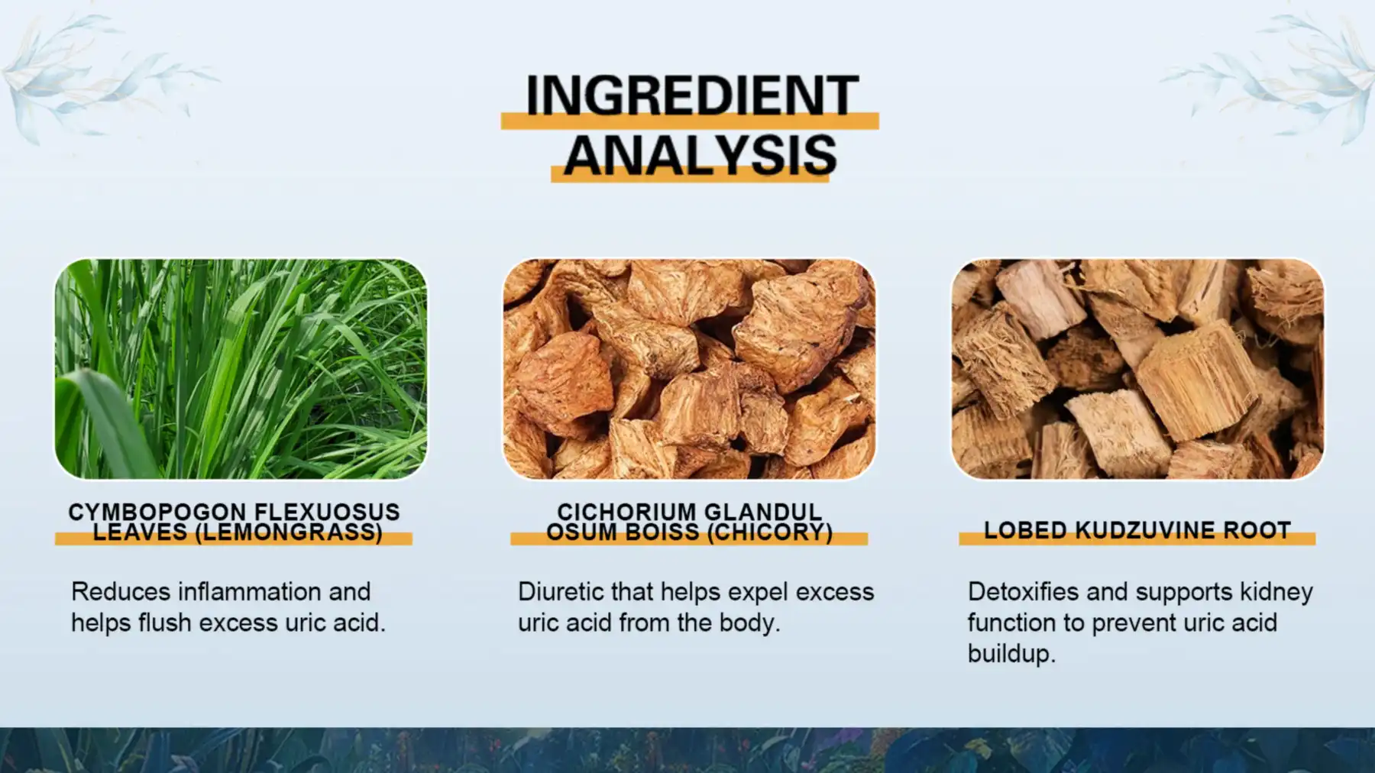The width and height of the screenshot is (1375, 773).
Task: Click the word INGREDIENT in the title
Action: (x=691, y=95)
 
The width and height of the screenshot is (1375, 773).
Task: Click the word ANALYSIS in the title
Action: (x=700, y=155)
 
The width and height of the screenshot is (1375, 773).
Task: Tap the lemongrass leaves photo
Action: (x=241, y=369)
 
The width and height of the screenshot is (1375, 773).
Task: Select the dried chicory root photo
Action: (x=689, y=369)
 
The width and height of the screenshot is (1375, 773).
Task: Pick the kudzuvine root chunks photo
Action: (x=1137, y=369)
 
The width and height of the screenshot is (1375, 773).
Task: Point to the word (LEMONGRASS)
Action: (x=289, y=532)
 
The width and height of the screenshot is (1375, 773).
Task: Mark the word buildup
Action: (x=1011, y=655)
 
